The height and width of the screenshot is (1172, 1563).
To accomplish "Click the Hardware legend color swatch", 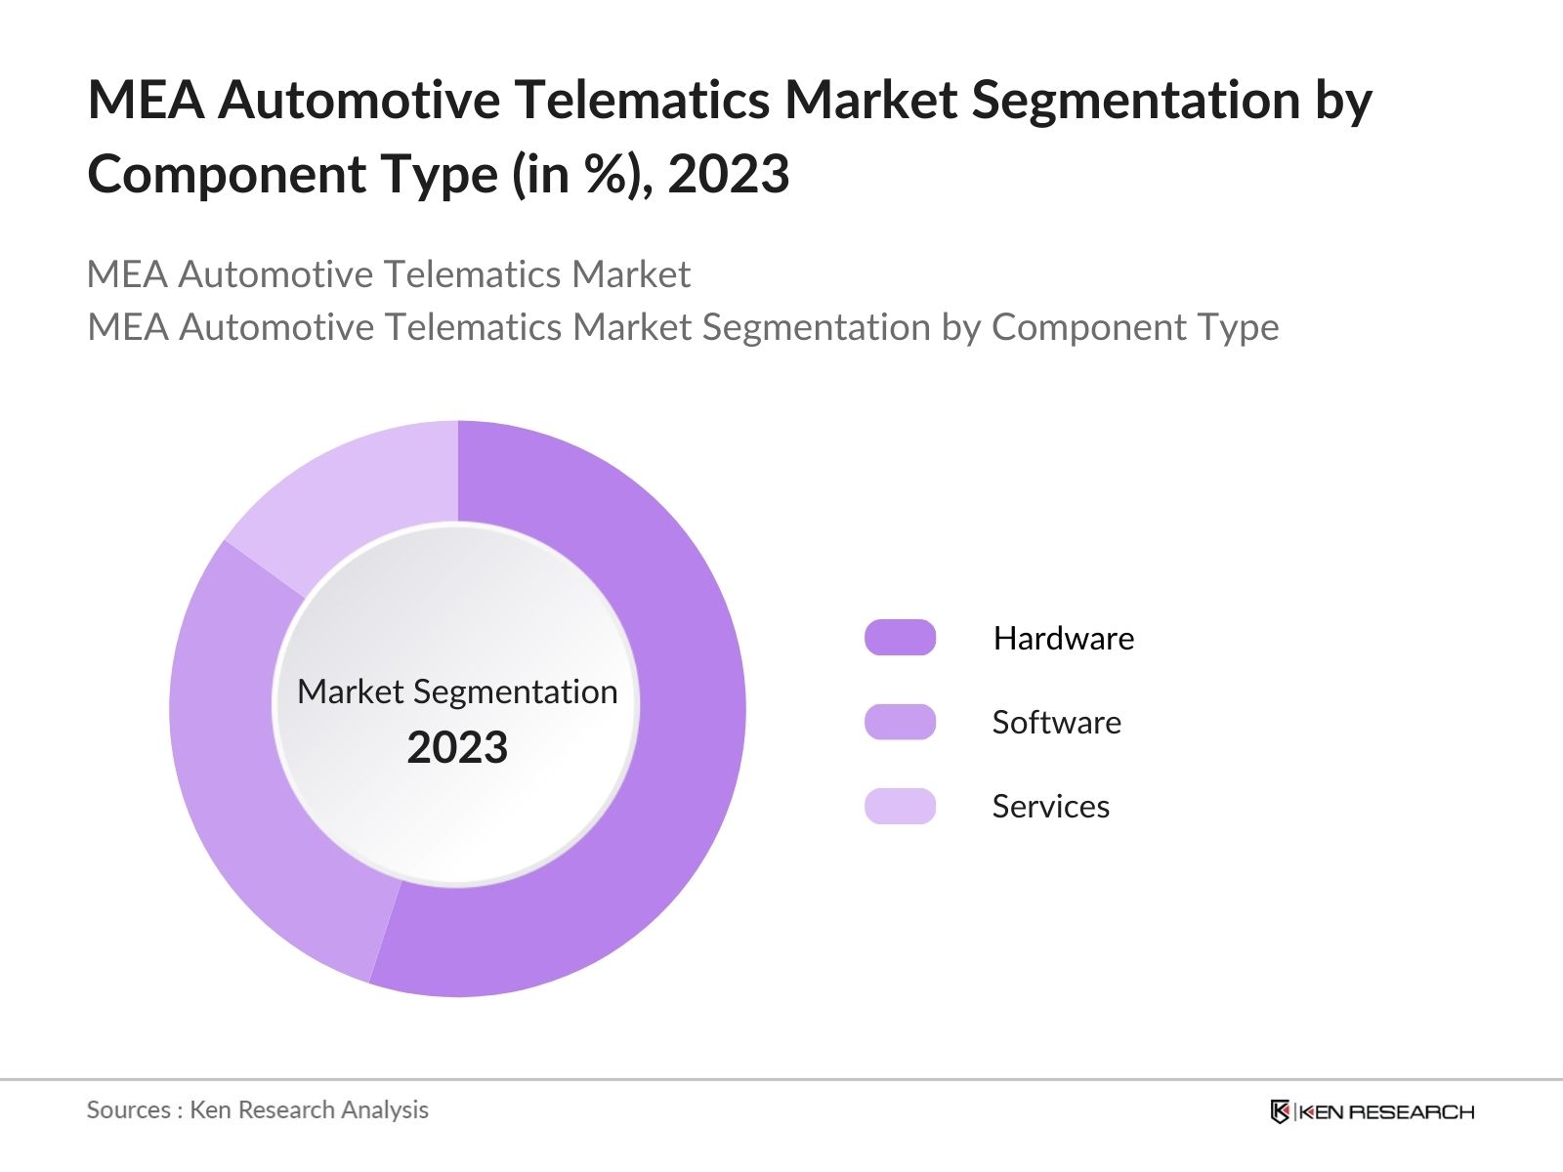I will [x=900, y=638].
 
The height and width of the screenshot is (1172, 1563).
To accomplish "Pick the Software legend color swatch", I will [x=900, y=722].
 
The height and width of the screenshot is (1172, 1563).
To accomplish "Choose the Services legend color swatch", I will [x=900, y=806].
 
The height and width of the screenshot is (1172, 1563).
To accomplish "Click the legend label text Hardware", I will [x=1063, y=638].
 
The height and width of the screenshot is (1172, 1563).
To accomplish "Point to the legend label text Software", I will [x=1056, y=722].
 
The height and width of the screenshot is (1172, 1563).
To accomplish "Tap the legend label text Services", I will [x=1050, y=806].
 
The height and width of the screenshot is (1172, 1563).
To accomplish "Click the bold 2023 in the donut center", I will [x=457, y=748].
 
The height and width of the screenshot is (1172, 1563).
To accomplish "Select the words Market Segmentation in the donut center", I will [x=457, y=691].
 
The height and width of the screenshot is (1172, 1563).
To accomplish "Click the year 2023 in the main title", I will [x=729, y=175].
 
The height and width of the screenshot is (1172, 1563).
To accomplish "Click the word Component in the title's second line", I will [x=227, y=175].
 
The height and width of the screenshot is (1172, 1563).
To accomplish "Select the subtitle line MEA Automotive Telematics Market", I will [x=388, y=274].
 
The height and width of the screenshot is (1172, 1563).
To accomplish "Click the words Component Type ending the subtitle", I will [x=1134, y=327].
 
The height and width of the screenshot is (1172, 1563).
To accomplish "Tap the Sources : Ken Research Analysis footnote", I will [x=257, y=1109].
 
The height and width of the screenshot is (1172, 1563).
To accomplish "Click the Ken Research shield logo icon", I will [x=1280, y=1111].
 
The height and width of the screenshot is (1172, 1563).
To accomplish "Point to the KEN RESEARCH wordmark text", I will [x=1386, y=1111].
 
